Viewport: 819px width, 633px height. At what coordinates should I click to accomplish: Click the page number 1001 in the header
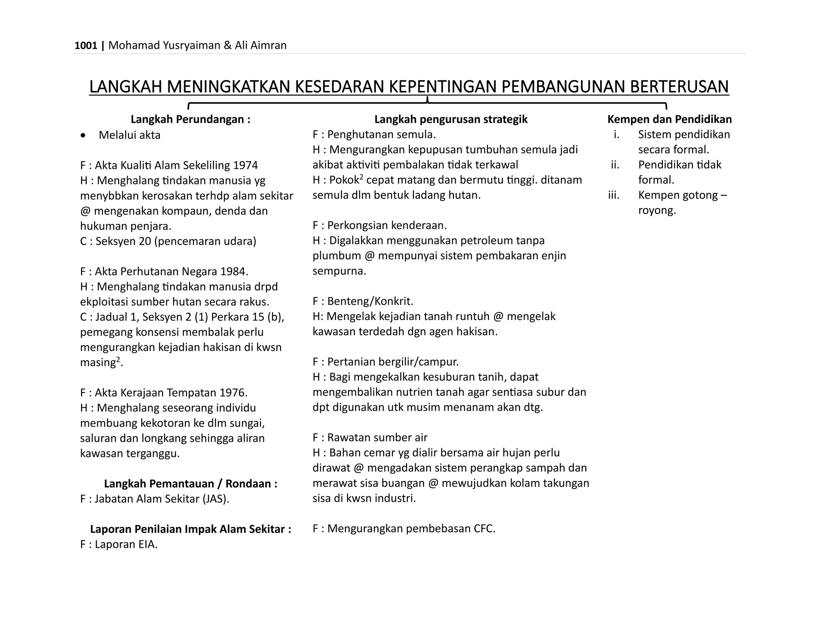click(x=86, y=46)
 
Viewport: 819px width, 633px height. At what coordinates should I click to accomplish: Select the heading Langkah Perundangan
click(x=190, y=119)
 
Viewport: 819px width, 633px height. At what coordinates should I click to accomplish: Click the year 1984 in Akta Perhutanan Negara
click(x=234, y=272)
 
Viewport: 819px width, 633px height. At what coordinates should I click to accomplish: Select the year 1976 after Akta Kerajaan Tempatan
click(x=233, y=393)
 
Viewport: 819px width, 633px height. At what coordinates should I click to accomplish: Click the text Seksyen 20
click(x=123, y=241)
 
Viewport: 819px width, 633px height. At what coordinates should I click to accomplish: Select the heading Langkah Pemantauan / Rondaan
click(x=190, y=484)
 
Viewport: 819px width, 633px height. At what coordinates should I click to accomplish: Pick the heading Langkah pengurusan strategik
click(x=451, y=119)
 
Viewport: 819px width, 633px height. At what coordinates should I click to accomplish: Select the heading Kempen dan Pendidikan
click(x=669, y=119)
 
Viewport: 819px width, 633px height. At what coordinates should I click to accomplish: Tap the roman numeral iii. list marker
click(x=613, y=195)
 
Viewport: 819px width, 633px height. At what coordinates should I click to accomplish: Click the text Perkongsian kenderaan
click(x=387, y=226)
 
